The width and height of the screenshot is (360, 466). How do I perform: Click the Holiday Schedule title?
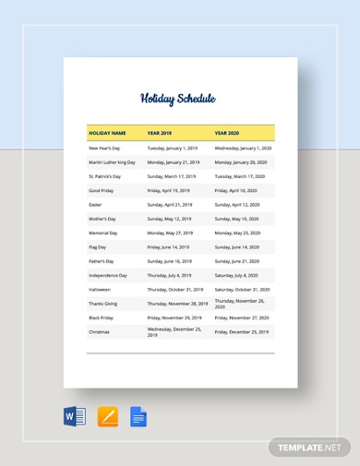pyautogui.click(x=177, y=99)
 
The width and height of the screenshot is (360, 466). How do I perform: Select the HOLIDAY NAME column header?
pyautogui.click(x=108, y=132)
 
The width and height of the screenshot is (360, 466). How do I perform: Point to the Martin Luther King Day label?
pyautogui.click(x=112, y=161)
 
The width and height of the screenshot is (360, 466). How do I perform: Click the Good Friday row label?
pyautogui.click(x=102, y=190)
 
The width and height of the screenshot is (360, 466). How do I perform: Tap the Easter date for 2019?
pyautogui.click(x=170, y=204)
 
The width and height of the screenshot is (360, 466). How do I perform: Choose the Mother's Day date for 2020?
pyautogui.click(x=237, y=219)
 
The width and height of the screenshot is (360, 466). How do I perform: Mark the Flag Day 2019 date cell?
pyautogui.click(x=168, y=247)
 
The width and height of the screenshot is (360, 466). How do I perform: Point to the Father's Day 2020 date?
pyautogui.click(x=237, y=261)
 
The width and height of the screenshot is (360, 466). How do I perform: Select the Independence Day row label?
pyautogui.click(x=108, y=275)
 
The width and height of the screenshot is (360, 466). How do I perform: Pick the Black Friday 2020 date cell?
pyautogui.click(x=242, y=317)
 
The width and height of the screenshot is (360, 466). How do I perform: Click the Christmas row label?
pyautogui.click(x=99, y=331)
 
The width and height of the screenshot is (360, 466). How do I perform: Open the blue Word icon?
pyautogui.click(x=75, y=417)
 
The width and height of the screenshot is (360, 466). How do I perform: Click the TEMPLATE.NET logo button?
pyautogui.click(x=311, y=448)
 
